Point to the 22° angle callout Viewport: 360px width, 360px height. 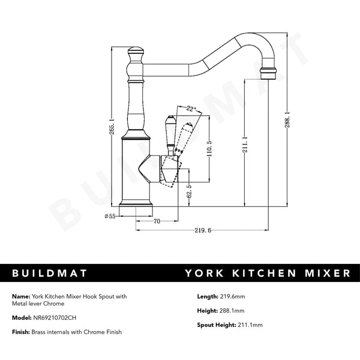click(191, 109)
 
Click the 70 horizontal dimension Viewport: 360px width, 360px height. click(157, 221)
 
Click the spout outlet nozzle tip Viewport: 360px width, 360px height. click(268, 73)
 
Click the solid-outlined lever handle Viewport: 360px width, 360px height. click(169, 135)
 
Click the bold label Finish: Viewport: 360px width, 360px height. click(22, 332)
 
